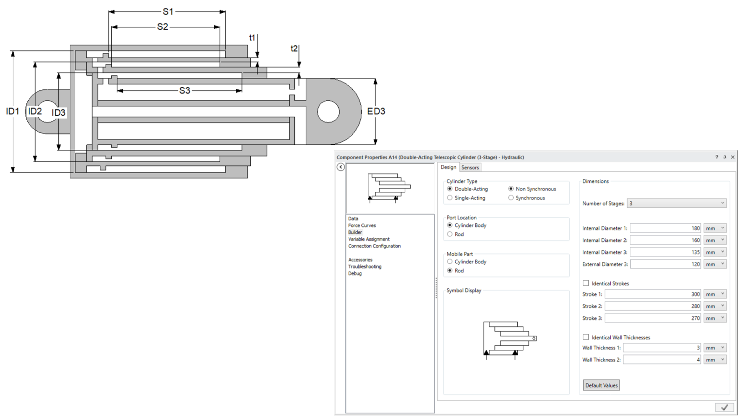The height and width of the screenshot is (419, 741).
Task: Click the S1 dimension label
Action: click(x=168, y=12)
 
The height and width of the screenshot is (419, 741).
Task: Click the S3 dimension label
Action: click(x=185, y=91)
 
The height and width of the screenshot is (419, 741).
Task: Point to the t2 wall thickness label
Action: click(x=294, y=48)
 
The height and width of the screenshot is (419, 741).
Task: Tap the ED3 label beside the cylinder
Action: click(x=376, y=111)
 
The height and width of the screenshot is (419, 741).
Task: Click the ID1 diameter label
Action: click(x=13, y=111)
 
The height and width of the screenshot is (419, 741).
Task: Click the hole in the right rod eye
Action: click(x=328, y=112)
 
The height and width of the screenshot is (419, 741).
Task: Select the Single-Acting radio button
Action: click(x=450, y=198)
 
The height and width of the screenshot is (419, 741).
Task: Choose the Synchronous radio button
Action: click(x=511, y=198)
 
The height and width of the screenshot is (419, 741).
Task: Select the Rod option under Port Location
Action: click(x=450, y=234)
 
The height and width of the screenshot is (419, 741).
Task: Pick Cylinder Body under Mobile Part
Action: click(x=450, y=261)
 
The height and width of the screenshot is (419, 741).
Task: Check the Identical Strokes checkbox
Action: click(x=586, y=283)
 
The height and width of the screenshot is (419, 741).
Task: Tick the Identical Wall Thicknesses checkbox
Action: click(x=586, y=337)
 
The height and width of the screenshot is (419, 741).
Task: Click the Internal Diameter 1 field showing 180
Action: click(x=665, y=228)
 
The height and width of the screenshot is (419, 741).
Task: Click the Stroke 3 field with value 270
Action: click(x=653, y=318)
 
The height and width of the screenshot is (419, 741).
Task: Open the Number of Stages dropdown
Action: click(x=676, y=203)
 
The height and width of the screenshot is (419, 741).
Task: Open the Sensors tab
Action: click(x=470, y=168)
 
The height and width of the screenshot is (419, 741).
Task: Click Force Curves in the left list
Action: click(x=362, y=225)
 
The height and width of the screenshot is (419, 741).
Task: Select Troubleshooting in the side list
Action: click(x=365, y=266)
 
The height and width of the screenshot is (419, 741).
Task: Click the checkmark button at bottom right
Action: click(x=724, y=407)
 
